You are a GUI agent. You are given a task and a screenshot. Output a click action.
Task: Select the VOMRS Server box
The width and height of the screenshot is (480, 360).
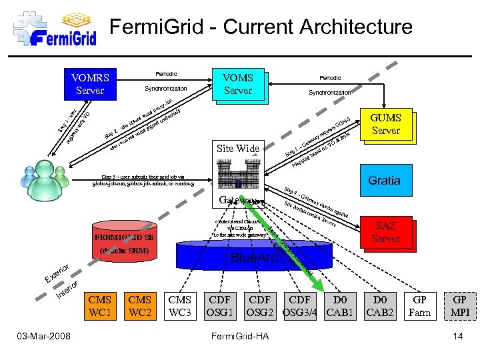point(90,83)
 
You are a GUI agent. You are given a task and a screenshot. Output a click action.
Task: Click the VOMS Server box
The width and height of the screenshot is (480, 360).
point(238,84)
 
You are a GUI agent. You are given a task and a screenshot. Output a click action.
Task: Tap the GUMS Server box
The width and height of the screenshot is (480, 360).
point(385,124)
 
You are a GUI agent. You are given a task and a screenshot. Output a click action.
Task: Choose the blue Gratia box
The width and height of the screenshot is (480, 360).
point(385,180)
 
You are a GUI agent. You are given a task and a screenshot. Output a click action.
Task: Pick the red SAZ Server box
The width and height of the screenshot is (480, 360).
point(386,232)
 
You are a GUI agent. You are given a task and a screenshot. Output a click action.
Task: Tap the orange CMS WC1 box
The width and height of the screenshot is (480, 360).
point(100,306)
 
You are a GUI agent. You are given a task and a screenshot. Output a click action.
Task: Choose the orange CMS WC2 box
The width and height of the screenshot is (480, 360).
point(140,306)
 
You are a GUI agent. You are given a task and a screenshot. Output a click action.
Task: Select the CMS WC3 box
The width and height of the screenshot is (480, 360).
point(180,306)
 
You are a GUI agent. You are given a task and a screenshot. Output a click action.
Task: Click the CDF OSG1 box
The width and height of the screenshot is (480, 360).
point(220,306)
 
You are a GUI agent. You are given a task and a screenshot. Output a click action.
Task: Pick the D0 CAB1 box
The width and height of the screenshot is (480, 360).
point(340,306)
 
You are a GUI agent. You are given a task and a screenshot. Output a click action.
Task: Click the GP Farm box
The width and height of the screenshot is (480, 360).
point(419,306)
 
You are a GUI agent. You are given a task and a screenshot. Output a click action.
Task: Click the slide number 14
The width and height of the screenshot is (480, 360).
point(457,336)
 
